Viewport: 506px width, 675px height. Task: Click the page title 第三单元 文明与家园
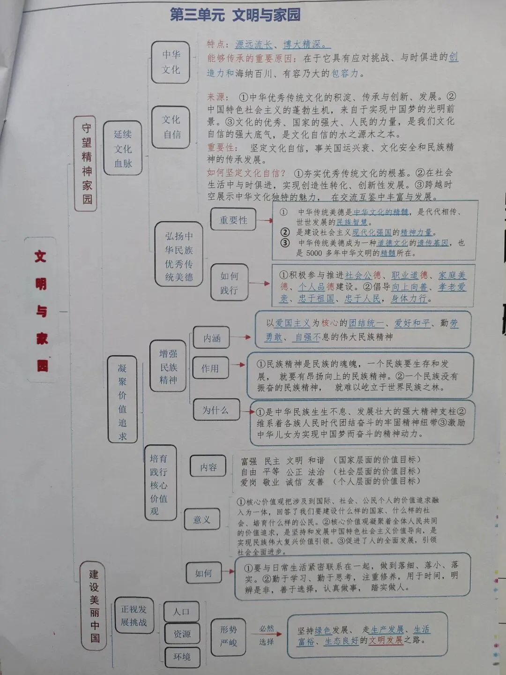click(235, 15)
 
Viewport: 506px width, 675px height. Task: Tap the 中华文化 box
click(171, 62)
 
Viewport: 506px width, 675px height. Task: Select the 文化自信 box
click(171, 127)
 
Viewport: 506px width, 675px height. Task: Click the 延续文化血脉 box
click(123, 149)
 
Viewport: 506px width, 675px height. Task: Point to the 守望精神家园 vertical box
click(87, 164)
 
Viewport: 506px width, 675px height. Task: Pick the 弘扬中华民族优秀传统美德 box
click(179, 255)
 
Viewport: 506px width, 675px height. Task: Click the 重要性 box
click(233, 220)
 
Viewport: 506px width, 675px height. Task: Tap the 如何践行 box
click(229, 283)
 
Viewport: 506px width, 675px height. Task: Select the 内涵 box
click(212, 338)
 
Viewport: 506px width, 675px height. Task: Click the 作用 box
click(210, 368)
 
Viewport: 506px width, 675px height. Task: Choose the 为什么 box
click(216, 410)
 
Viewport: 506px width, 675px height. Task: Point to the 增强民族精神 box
click(168, 367)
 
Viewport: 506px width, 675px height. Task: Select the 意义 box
click(202, 519)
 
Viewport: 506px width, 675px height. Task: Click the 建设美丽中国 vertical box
click(95, 605)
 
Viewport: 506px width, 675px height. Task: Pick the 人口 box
click(181, 612)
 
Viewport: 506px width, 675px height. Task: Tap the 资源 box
click(182, 634)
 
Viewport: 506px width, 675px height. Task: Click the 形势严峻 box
click(229, 636)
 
